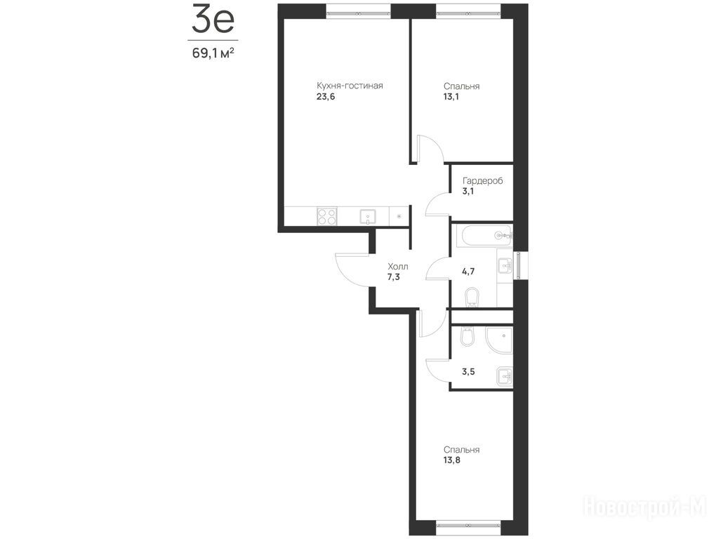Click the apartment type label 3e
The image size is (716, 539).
click(212, 19)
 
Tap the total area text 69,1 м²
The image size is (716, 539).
click(213, 53)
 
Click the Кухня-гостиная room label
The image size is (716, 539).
click(350, 86)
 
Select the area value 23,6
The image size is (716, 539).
click(326, 97)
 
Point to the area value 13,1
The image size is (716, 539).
click(451, 97)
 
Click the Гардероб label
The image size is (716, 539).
click(483, 181)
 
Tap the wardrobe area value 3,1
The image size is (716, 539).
click(468, 191)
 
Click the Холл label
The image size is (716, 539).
click(398, 266)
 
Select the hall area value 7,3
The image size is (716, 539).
click(393, 277)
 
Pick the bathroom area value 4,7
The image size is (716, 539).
click(468, 272)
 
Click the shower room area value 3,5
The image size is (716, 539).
click(468, 371)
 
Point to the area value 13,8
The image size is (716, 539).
click(451, 460)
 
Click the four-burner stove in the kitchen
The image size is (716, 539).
click(327, 216)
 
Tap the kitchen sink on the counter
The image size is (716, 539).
click(368, 216)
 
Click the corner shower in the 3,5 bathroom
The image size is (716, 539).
click(499, 340)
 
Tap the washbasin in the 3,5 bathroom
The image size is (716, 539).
click(505, 376)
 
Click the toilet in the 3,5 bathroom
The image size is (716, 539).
click(468, 335)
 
